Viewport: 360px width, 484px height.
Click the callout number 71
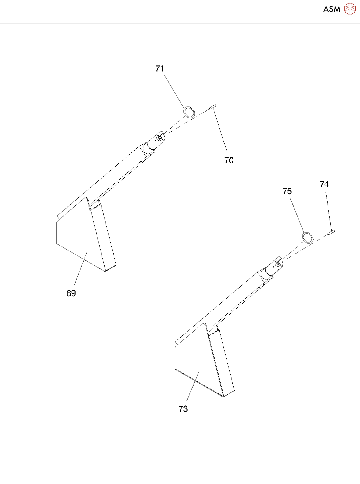[160, 69]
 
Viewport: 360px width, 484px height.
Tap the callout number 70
[229, 161]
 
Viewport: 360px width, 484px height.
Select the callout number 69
[71, 294]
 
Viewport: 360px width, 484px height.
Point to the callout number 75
[287, 191]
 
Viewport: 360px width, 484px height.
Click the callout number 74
[324, 184]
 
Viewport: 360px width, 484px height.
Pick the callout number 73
[183, 409]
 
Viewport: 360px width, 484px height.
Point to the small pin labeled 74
[331, 232]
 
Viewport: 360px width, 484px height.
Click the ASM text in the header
[332, 9]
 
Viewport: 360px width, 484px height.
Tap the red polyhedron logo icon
[350, 9]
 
